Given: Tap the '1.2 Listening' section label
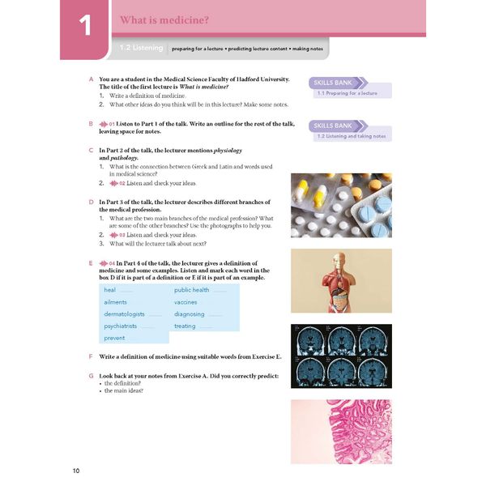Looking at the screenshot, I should point(142,49).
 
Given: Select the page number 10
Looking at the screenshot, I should point(76,471).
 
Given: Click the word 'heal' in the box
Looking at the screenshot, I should point(110,290).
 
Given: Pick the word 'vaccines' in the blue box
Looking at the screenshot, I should point(185,302).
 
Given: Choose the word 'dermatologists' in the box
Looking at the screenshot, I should point(125,314).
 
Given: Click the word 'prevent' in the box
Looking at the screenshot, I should point(114,338).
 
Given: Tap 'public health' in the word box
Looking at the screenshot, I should point(192,290).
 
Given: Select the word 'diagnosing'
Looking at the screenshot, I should point(190,314).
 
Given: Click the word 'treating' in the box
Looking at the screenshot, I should point(185,326).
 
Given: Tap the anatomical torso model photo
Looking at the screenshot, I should point(341,280).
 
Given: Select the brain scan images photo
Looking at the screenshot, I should point(341,356).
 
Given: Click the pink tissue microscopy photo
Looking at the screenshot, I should point(341,431).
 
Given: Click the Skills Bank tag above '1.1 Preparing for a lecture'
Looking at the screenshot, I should point(334,83).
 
